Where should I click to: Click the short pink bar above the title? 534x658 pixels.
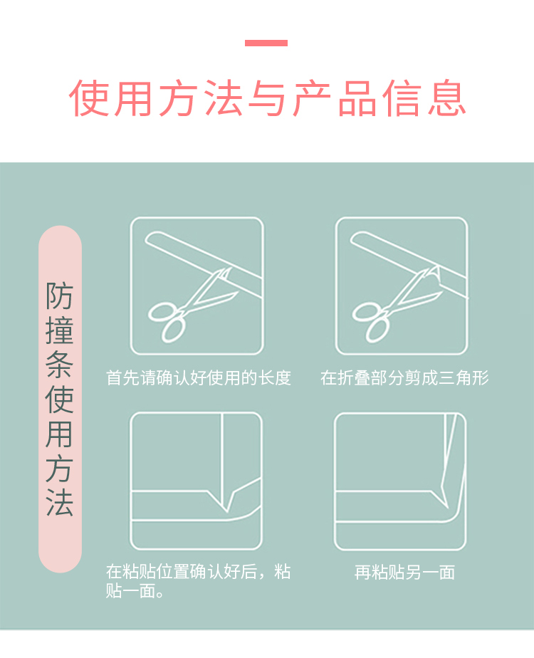266,43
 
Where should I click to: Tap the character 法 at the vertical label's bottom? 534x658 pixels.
60,502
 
